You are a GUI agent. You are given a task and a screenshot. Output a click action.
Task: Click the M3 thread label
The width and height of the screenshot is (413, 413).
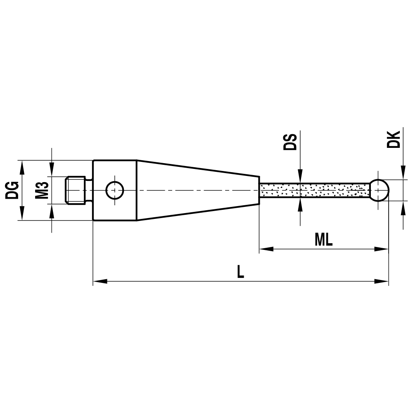tap(43, 190)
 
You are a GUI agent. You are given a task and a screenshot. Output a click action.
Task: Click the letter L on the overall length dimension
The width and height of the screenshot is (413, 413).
tap(241, 272)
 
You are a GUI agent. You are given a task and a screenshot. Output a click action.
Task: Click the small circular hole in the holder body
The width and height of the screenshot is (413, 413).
tap(114, 190)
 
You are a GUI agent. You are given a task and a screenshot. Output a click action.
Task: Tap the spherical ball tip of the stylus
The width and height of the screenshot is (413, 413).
tap(379, 190)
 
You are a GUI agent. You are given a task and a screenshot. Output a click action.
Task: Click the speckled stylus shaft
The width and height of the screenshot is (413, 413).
tap(314, 190)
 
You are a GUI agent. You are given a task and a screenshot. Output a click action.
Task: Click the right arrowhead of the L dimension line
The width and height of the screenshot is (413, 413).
tap(382, 282)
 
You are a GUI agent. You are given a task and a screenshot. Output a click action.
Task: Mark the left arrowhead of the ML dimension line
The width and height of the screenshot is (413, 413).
tap(266, 249)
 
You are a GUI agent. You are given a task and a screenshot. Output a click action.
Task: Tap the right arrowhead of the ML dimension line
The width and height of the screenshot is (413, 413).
tap(382, 249)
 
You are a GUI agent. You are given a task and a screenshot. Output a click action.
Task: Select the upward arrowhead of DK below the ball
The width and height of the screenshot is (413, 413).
tap(402, 206)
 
